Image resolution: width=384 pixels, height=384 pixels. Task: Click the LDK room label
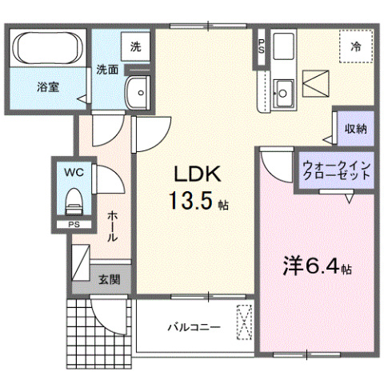tap(192, 175)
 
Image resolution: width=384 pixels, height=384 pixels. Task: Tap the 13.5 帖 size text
tap(197, 202)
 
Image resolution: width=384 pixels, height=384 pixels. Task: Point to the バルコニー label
tap(193, 326)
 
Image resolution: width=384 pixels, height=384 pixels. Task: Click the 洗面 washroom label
tap(108, 69)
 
